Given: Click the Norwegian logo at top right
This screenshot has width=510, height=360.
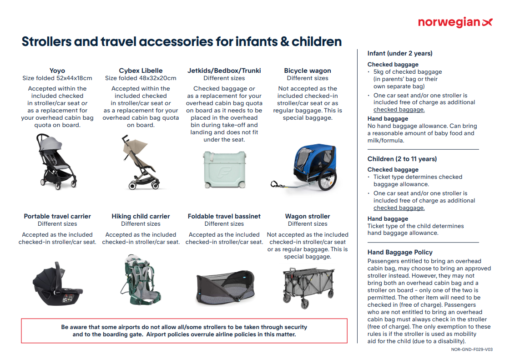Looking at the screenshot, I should coord(455,22).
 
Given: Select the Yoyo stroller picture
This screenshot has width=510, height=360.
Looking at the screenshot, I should coord(57,162).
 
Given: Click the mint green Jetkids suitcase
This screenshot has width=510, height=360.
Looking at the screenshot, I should coord(224,169).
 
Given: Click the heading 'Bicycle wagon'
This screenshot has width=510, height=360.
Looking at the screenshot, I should coord(308,71).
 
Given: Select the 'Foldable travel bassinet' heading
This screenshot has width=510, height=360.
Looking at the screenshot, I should coord(224,216).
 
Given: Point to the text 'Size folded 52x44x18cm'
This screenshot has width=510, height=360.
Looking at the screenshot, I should coord(57,78).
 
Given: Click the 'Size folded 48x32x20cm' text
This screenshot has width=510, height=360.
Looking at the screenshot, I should coord(141,78).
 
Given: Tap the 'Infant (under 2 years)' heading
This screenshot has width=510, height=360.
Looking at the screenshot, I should coord(400,53).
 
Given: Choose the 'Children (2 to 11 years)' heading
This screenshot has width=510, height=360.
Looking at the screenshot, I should coord(402,159).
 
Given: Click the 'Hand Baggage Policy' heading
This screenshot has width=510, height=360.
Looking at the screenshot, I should coord(400,252).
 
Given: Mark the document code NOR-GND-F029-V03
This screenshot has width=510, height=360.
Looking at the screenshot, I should coord(472,350).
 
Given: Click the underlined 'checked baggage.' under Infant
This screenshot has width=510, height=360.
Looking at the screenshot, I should coord(399,110).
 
